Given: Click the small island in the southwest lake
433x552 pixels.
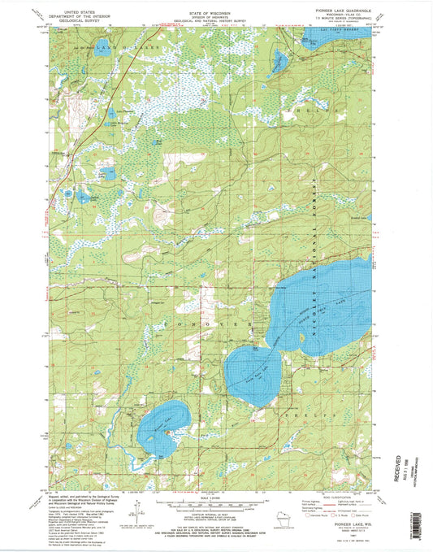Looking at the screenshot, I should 168,432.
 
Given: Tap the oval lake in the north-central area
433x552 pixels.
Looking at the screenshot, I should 280,60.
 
